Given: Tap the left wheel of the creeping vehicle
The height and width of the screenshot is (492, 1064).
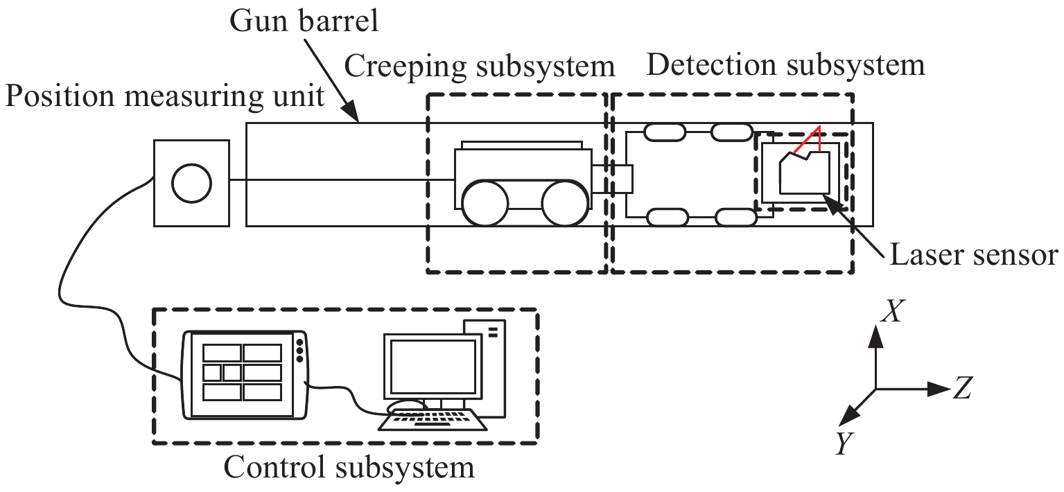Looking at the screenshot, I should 485,202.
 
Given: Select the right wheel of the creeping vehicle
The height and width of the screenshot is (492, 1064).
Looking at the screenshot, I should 565,202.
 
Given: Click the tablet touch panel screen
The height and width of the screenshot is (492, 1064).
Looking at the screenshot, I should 242,374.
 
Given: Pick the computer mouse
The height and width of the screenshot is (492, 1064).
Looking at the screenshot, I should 406,407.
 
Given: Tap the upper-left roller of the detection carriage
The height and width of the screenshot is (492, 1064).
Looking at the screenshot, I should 664,132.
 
